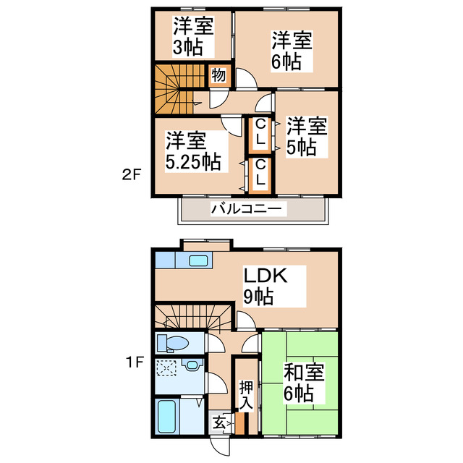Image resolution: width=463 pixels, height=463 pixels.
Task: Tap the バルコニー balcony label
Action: [249, 210]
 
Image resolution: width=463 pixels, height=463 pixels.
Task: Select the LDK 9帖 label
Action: [266, 285]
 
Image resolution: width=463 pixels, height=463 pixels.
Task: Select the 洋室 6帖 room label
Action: [292, 50]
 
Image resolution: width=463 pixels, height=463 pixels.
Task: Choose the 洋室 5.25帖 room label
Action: [192, 150]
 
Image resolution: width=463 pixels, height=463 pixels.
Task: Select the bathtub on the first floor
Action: [171, 417]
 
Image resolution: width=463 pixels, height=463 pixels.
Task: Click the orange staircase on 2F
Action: [175, 89]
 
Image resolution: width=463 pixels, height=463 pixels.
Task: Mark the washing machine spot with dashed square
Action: [167, 368]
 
